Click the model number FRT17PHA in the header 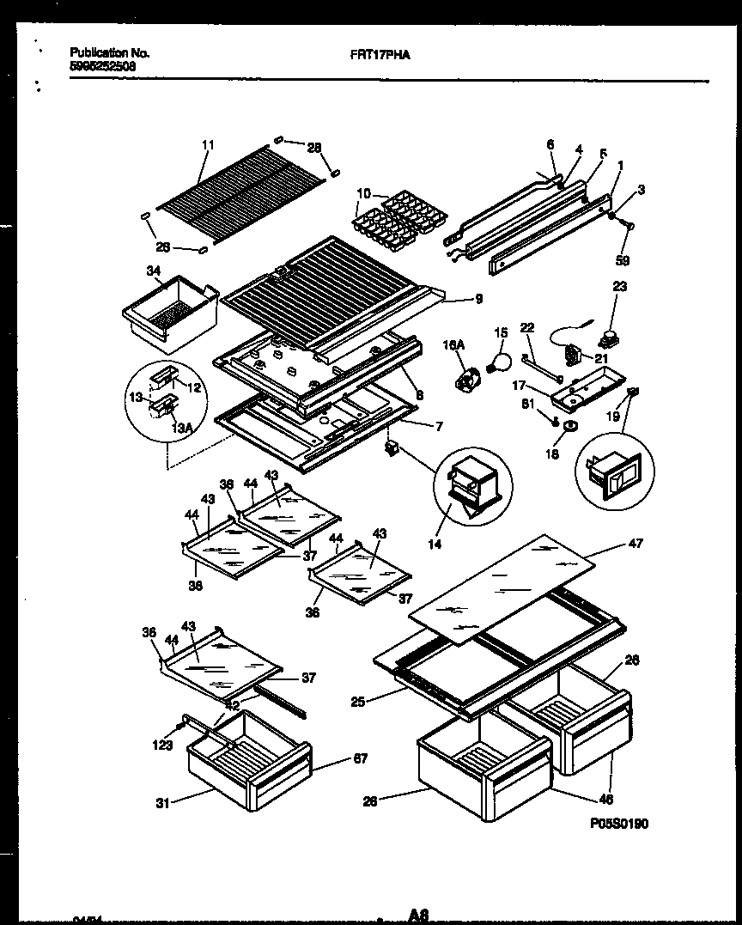(x=380, y=53)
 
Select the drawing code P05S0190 (x=618, y=823)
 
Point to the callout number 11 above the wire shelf (x=206, y=144)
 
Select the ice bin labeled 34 (x=169, y=312)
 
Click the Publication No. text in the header (x=109, y=53)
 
